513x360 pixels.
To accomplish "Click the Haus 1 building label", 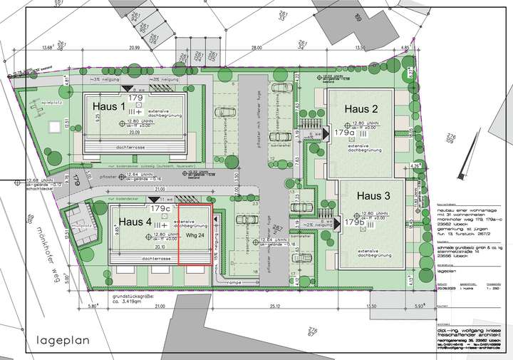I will point(108,105).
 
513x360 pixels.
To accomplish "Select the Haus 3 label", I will point(373,195).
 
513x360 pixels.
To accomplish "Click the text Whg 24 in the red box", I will point(195,235).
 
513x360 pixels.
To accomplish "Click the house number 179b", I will point(354,222).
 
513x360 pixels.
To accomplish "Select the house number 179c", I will point(160,209).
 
